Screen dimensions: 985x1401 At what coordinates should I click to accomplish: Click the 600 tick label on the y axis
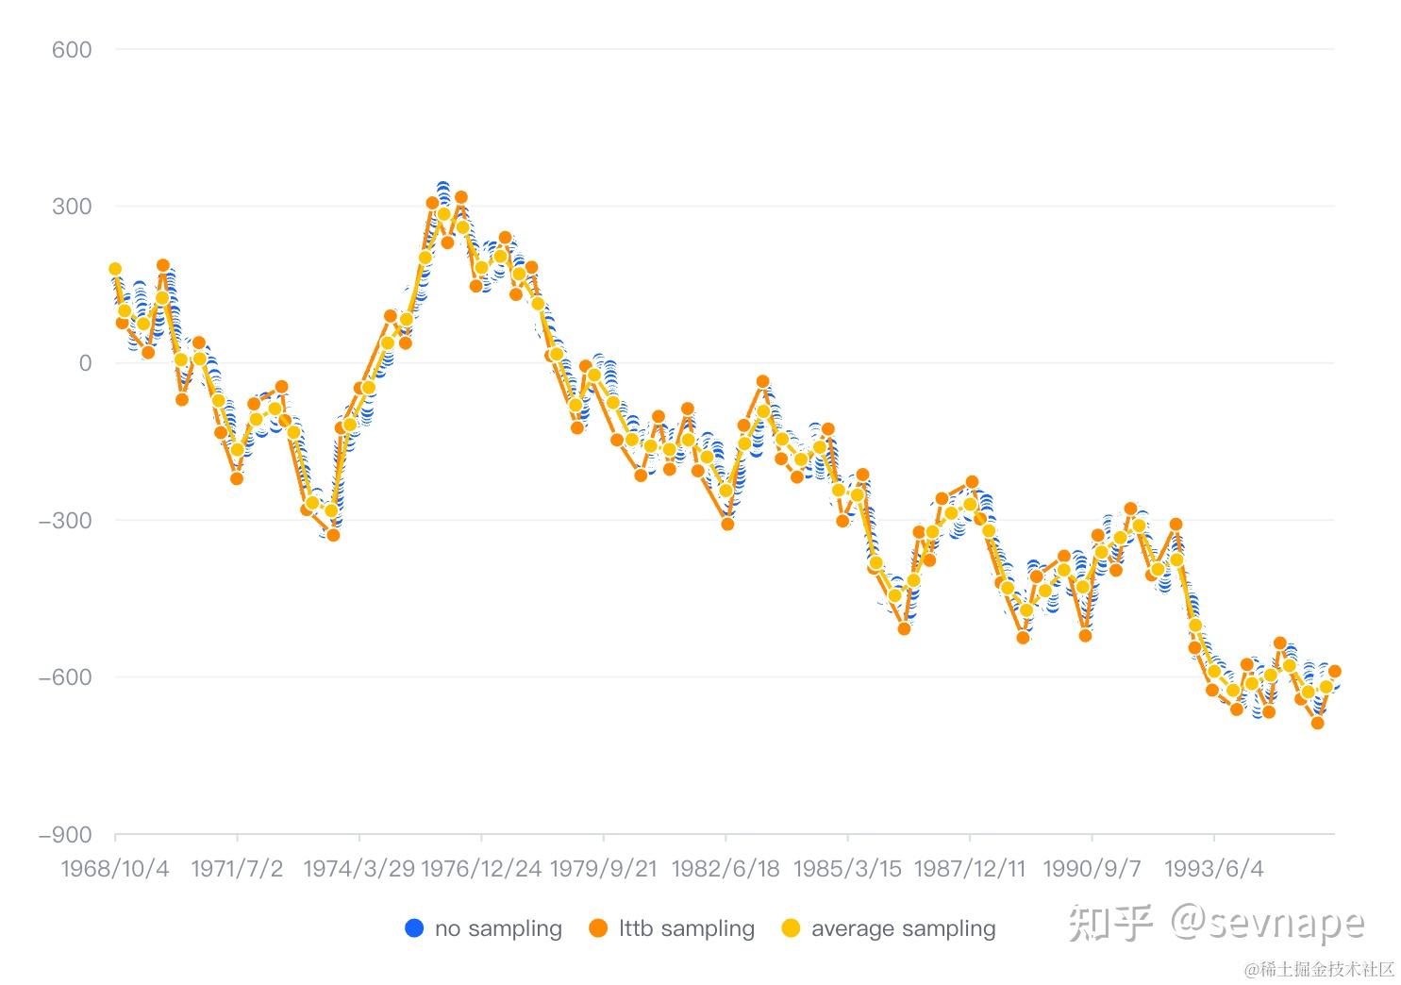(72, 50)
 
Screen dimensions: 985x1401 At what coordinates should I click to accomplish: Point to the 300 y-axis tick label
(72, 207)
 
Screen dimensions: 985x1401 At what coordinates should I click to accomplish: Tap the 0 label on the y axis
(85, 363)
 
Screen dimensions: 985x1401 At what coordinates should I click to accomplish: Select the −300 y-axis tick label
(65, 521)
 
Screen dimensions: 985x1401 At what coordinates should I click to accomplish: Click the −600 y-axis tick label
(65, 677)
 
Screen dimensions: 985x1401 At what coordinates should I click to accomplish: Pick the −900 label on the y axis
(65, 835)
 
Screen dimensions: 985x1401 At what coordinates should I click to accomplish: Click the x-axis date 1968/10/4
(115, 869)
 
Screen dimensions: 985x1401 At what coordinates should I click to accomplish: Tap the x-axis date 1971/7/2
(237, 869)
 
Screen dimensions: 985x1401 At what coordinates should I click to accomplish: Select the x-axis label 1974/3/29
(359, 869)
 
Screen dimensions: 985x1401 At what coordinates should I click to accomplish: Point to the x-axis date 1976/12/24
(481, 869)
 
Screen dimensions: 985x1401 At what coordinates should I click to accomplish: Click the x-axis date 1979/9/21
(603, 869)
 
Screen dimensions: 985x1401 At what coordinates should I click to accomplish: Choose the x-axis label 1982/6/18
(725, 869)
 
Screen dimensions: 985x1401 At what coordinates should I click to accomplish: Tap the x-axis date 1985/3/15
(847, 869)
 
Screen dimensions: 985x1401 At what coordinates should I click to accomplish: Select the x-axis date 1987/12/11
(969, 869)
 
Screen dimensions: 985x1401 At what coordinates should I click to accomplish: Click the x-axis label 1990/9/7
(1092, 869)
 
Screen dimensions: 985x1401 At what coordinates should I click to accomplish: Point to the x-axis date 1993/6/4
(1213, 869)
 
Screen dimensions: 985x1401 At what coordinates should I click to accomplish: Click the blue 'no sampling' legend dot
(414, 928)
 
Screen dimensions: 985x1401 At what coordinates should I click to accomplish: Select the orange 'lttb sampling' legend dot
(598, 928)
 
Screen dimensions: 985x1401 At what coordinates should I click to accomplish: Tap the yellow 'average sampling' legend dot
(791, 928)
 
